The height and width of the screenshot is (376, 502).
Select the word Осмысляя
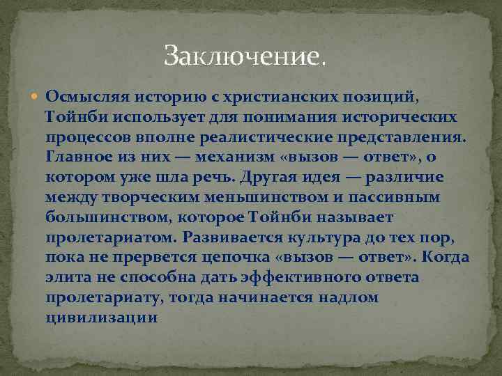[84, 95]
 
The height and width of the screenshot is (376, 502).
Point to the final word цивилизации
[102, 318]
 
